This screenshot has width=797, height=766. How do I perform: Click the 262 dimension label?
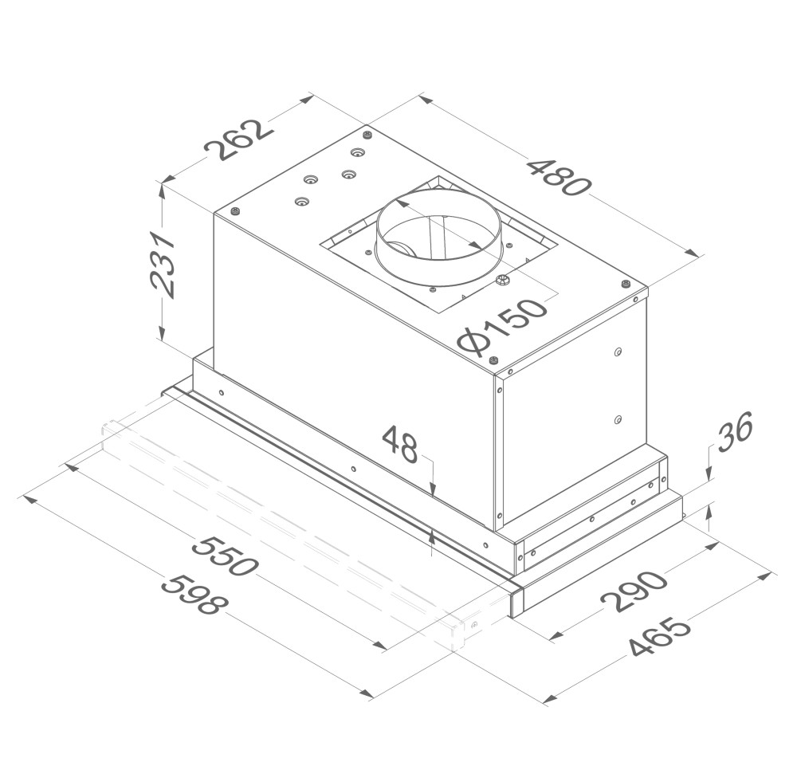coord(239,140)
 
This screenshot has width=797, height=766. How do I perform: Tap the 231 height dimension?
coord(163,265)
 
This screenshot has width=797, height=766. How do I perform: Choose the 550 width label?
coord(224,556)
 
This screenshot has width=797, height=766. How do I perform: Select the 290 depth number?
coord(634,591)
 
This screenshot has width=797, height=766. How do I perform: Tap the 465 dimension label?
coord(660,637)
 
